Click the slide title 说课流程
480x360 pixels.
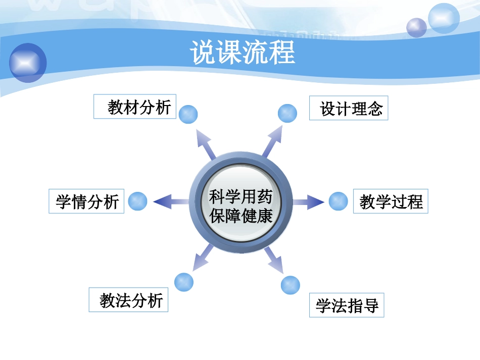(243, 52)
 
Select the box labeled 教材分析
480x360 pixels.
(135, 107)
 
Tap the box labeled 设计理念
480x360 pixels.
(349, 108)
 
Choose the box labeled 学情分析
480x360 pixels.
(86, 201)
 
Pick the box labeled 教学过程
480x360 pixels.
(391, 201)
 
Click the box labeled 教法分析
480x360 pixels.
(129, 300)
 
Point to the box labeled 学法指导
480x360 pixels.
(347, 305)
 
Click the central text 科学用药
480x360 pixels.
(241, 195)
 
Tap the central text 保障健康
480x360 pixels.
(241, 216)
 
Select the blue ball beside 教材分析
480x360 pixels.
(188, 114)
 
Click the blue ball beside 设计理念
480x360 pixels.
(287, 113)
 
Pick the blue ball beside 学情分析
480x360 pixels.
(137, 201)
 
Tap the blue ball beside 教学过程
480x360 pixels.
(338, 201)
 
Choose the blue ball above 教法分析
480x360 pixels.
(183, 282)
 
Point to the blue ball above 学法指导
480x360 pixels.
(290, 285)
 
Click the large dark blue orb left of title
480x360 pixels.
(28, 63)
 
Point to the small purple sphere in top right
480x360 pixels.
(417, 27)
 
